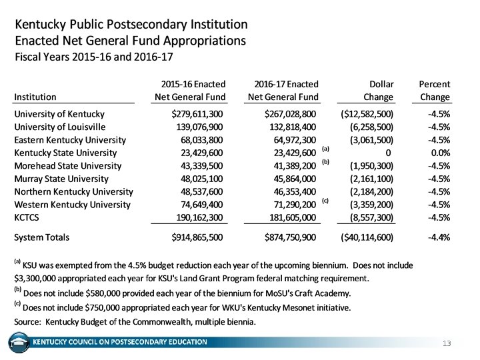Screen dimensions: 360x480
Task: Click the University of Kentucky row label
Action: coord(59,114)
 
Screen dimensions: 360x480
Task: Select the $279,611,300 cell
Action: coord(197,114)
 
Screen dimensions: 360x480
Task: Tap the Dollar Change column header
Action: coord(376,91)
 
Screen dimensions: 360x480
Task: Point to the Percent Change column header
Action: coord(433,91)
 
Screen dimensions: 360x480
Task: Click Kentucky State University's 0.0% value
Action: coord(439,153)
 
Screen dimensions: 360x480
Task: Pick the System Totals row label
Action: coord(41,237)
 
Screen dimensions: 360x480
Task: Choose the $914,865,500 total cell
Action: coord(197,237)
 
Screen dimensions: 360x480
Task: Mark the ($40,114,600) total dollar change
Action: coord(367,237)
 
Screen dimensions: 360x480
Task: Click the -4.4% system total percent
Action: coord(439,237)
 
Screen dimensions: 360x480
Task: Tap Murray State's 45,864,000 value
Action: coord(291,179)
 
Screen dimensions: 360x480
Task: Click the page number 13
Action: coord(447,343)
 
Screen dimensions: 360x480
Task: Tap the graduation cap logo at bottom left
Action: coord(19,343)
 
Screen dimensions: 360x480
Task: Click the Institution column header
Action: coord(35,97)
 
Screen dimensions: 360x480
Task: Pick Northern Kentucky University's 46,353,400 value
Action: coord(291,191)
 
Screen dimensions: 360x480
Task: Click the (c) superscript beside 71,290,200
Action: coord(325,201)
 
